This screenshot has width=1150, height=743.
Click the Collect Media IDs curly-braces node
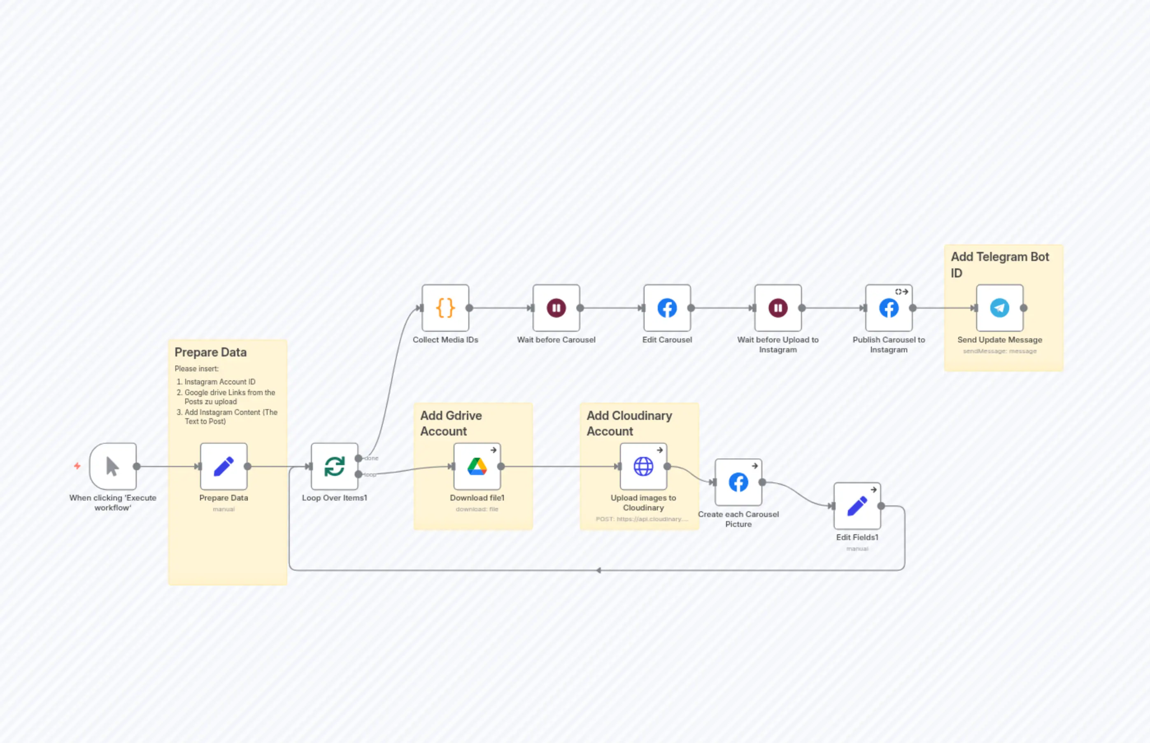445,308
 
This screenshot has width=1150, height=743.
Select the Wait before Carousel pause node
556,308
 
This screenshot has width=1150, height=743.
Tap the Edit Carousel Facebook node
667,308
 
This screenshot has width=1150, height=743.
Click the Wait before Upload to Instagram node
778,308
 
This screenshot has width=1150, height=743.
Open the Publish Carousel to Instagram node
889,308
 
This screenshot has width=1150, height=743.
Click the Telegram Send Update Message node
999,308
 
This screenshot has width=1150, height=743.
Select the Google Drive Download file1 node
477,466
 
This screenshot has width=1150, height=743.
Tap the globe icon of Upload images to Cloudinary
643,466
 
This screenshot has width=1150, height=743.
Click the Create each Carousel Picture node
738,482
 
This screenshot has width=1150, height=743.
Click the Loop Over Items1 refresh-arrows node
334,466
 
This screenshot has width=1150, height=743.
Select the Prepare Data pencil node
223,466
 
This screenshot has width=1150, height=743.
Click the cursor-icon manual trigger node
113,466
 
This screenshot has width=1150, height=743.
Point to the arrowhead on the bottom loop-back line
598,570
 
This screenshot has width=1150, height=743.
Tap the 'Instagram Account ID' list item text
219,382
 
